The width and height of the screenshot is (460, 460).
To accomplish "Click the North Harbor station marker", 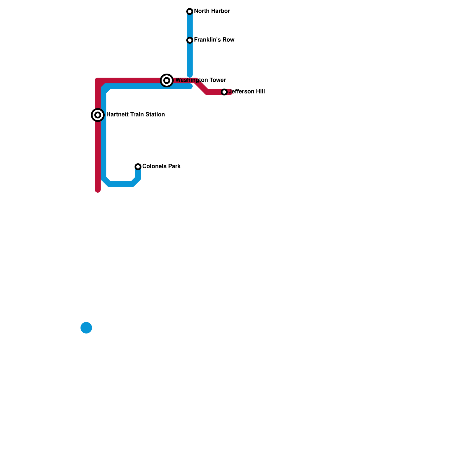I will pyautogui.click(x=190, y=11).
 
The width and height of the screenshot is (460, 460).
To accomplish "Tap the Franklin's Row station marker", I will pyautogui.click(x=190, y=40).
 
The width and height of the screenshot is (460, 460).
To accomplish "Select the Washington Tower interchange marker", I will pyautogui.click(x=167, y=80).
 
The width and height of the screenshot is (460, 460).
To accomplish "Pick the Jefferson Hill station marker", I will pyautogui.click(x=224, y=92).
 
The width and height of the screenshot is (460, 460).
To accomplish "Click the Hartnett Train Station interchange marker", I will pyautogui.click(x=98, y=115).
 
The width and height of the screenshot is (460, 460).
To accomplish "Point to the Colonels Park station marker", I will pyautogui.click(x=138, y=167).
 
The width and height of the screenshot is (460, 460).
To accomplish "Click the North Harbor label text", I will pyautogui.click(x=212, y=11).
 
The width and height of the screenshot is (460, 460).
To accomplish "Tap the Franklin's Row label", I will pyautogui.click(x=214, y=40).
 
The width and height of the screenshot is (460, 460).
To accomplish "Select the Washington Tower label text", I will pyautogui.click(x=201, y=80).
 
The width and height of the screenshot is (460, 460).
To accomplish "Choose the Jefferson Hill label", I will pyautogui.click(x=247, y=92).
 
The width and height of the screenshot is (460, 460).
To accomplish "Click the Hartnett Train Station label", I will pyautogui.click(x=135, y=115).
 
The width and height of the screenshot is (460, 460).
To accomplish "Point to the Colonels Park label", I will pyautogui.click(x=161, y=166).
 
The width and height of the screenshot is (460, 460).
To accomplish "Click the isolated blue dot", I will pyautogui.click(x=86, y=328).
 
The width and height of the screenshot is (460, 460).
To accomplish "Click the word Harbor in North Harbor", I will pyautogui.click(x=221, y=11).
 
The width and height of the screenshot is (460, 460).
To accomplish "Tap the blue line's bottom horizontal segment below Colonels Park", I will pyautogui.click(x=121, y=184).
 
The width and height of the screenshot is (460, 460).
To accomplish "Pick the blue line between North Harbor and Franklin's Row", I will pyautogui.click(x=190, y=26).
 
